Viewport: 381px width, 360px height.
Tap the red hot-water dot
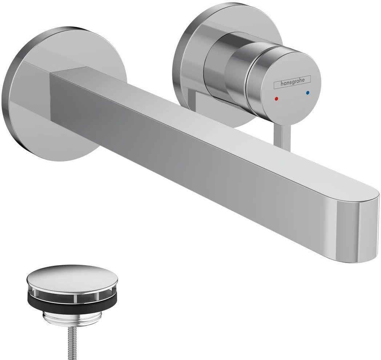pos(277,98)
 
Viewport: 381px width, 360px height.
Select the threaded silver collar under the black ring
pos(71,316)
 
